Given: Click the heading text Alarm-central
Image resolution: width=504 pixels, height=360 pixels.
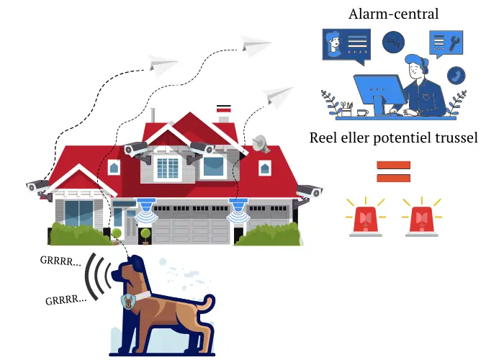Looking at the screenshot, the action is tap(393, 14).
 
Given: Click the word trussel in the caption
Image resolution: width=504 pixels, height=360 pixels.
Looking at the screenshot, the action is tap(456, 138).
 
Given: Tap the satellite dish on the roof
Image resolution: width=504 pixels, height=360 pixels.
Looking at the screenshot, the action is tap(261, 144).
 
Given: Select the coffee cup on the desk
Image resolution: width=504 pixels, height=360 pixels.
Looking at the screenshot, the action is tap(363, 113).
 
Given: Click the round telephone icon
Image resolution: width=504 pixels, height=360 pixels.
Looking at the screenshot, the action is tap(456, 76).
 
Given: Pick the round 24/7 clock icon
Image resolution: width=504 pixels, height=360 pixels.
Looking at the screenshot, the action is tap(393, 42).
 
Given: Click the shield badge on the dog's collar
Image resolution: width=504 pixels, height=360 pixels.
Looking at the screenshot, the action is tap(129, 302).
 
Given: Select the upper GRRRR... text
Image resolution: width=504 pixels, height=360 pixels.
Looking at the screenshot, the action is tap(60, 261).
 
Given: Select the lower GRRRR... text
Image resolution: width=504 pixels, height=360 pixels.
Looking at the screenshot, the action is tap(66, 300).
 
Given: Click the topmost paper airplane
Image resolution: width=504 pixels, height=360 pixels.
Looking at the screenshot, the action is tap(256, 45).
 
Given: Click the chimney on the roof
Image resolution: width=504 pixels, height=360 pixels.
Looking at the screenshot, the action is tap(224, 114).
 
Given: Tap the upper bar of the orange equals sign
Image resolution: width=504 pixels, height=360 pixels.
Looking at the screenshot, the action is tap(393, 165).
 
